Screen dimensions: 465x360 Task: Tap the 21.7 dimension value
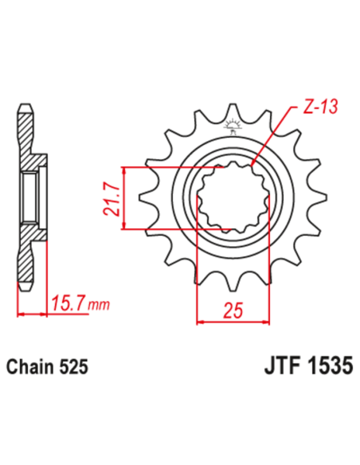click(x=112, y=199)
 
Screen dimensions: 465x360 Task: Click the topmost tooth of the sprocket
click(x=234, y=111)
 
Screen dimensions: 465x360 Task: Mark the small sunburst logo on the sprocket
click(x=233, y=124)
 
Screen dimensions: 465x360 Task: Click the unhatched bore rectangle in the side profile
click(x=29, y=198)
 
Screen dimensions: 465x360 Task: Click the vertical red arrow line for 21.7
click(x=125, y=199)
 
